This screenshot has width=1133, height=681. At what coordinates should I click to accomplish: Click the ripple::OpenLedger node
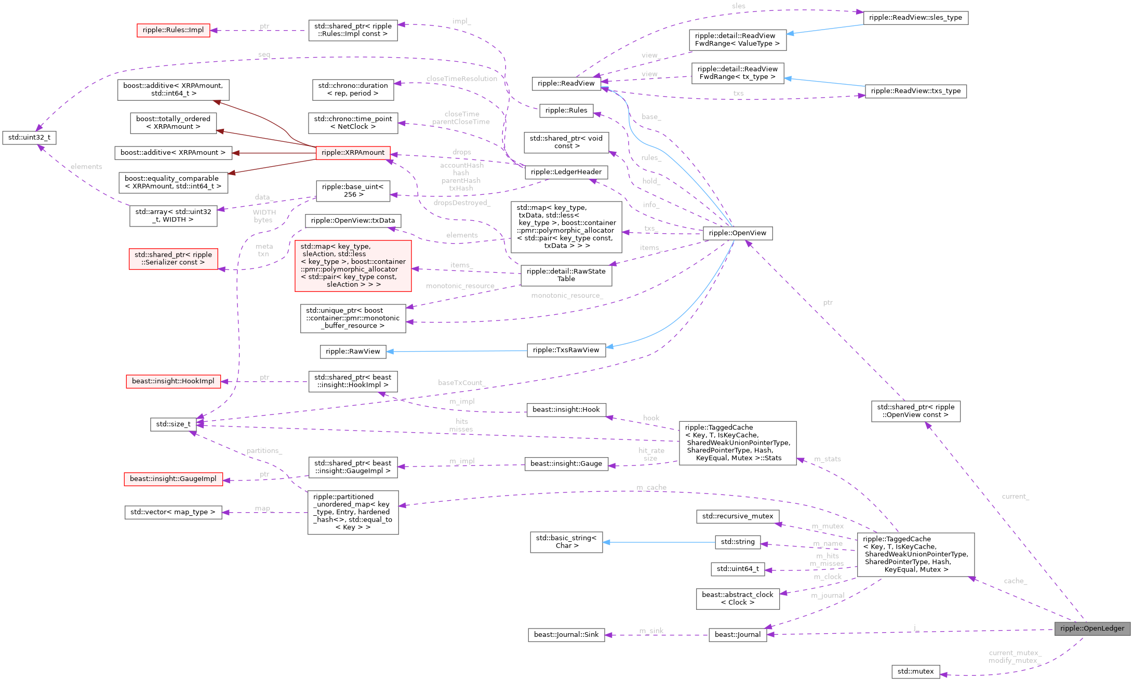1092,629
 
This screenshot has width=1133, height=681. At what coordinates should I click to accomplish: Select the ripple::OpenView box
737,233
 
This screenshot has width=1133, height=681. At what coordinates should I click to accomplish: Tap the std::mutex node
915,672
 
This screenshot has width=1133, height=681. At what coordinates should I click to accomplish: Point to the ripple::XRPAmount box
353,153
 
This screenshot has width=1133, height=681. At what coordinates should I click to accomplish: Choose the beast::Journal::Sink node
566,635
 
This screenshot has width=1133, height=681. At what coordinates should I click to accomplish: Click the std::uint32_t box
29,138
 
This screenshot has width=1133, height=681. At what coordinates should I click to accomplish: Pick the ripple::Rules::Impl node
173,30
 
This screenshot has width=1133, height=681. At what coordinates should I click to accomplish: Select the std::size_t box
173,424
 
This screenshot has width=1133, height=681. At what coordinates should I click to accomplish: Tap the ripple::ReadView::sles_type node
915,18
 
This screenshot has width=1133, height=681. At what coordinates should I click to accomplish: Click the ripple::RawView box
353,352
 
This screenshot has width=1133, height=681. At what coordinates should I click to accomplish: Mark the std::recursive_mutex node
737,516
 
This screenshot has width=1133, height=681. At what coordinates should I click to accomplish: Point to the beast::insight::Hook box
566,410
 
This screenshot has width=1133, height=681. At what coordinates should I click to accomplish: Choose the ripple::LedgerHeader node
566,172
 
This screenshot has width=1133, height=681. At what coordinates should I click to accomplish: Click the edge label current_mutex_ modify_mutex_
1015,657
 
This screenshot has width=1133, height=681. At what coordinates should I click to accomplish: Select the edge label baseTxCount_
461,383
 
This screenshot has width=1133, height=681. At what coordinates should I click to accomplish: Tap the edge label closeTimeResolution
461,79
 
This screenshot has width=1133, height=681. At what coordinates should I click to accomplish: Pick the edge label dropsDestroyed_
461,203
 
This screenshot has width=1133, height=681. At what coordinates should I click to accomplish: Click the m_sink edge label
651,631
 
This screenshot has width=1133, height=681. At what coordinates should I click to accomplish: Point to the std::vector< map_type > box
173,512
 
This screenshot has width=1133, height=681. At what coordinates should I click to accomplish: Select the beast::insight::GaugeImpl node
173,479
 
